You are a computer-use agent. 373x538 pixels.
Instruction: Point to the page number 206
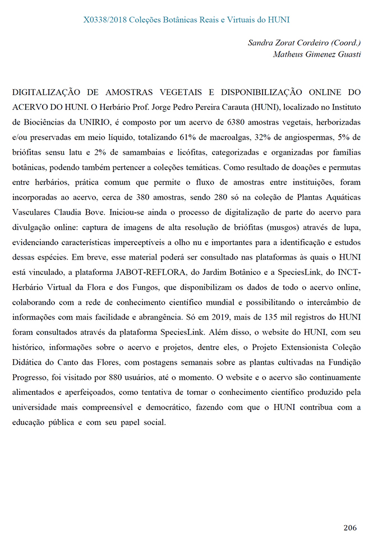(x=349, y=528)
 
